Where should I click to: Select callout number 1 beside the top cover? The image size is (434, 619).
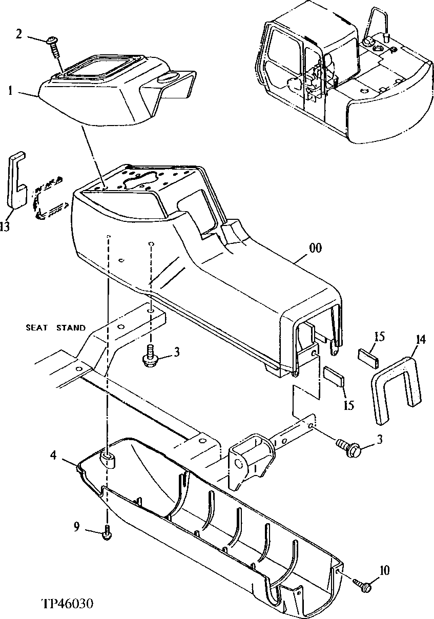tap(10, 91)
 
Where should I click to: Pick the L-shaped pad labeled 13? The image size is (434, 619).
tap(16, 179)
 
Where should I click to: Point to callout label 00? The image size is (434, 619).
tap(316, 248)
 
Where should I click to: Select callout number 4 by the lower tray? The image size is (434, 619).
tap(53, 454)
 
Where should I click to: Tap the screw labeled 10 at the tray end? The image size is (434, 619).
tap(364, 585)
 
